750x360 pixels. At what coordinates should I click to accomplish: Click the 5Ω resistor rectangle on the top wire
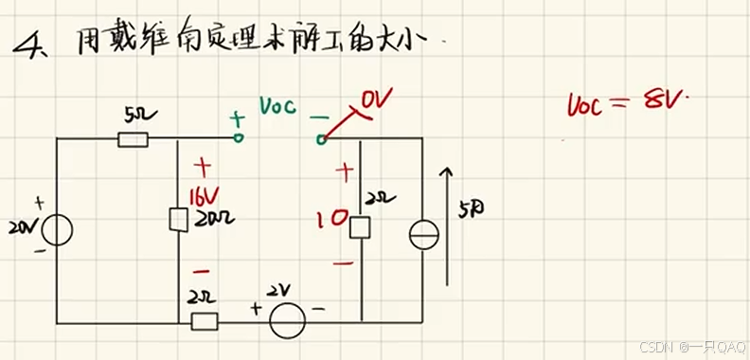133,139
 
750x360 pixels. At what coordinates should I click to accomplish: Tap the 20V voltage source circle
57,230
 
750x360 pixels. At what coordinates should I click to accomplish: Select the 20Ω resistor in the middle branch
177,220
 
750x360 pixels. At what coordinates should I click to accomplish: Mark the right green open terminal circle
321,140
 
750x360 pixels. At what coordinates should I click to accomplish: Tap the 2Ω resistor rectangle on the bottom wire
205,320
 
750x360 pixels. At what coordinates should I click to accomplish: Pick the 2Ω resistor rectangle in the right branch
360,227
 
